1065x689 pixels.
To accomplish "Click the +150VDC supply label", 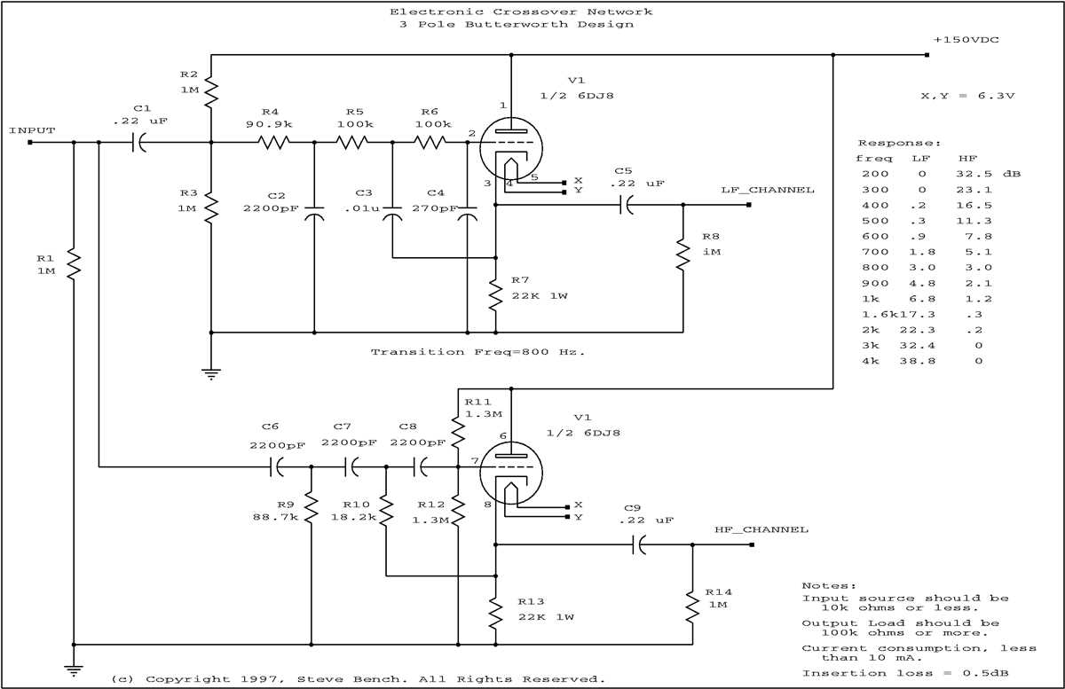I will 968,41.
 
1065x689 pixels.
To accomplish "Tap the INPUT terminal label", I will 32,130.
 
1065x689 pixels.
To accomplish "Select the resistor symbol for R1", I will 74,263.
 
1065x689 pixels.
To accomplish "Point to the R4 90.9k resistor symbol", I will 274,142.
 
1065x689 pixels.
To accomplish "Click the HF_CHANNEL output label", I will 761,529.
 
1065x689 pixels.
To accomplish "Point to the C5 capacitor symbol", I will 627,205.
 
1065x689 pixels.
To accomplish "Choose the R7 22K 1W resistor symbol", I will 494,294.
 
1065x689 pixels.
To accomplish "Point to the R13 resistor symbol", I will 494,613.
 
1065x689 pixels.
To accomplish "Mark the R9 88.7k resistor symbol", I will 312,509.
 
